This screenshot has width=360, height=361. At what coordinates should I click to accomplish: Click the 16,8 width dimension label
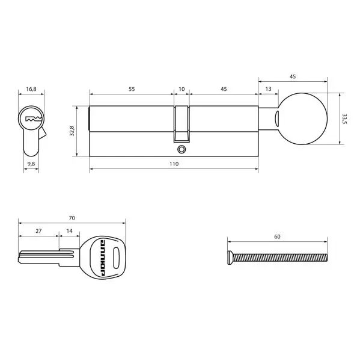[x=31, y=89]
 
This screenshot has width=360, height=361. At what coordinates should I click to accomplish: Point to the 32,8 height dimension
[x=72, y=131]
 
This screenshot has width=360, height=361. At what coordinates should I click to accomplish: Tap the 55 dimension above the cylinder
[x=131, y=89]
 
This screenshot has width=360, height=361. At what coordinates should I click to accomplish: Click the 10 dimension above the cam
[x=182, y=89]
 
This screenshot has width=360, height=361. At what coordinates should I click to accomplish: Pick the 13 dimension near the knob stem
[x=267, y=89]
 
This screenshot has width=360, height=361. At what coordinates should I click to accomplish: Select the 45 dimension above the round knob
[x=293, y=76]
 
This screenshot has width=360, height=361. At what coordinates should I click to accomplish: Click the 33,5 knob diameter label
[x=344, y=119]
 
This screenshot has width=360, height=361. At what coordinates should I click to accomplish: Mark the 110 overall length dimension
[x=174, y=164]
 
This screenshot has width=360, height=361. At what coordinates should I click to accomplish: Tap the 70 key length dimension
[x=72, y=217]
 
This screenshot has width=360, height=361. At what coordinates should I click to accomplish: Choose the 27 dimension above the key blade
[x=38, y=230]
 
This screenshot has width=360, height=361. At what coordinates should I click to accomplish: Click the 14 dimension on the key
[x=69, y=230]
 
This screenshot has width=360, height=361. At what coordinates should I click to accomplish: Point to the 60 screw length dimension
[x=277, y=236]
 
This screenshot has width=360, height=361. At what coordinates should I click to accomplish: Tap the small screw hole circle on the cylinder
[x=182, y=149]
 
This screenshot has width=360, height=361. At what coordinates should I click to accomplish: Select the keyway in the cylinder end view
[x=31, y=119]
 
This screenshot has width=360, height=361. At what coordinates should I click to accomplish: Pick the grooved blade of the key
[x=40, y=258]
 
